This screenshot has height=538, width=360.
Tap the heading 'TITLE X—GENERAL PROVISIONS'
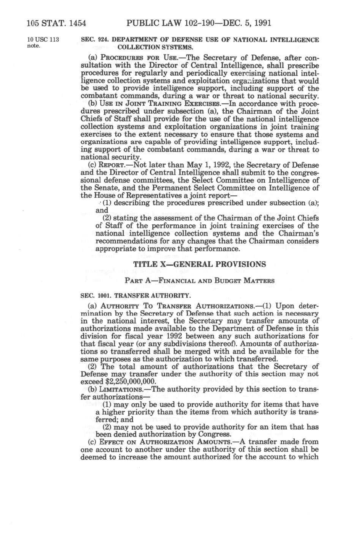pyautogui.click(x=200, y=264)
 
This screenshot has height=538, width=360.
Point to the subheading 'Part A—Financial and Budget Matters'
pyautogui.click(x=199, y=281)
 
